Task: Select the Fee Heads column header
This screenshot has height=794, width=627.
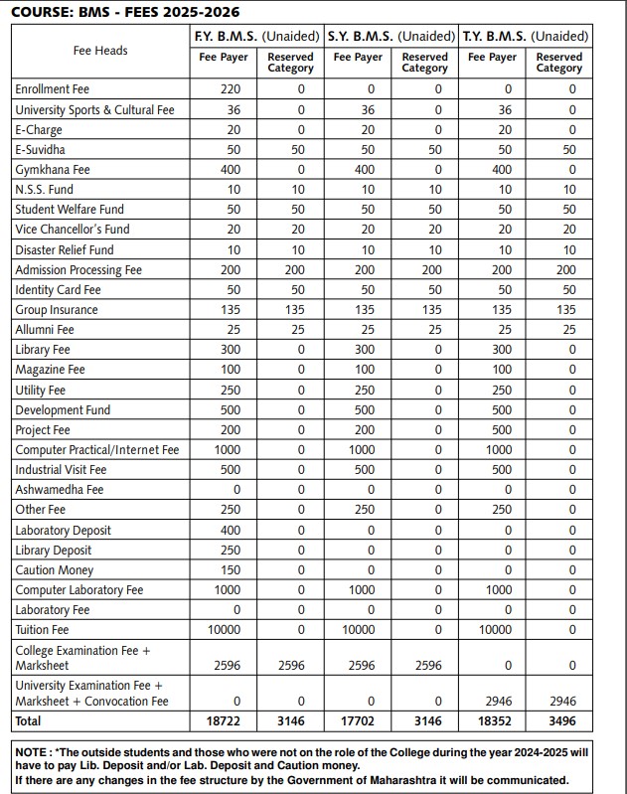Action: tap(100, 50)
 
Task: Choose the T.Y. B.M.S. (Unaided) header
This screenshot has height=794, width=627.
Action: tap(526, 36)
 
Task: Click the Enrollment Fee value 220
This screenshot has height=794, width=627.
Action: tap(231, 89)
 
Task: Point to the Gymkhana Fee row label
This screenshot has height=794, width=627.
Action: tap(53, 170)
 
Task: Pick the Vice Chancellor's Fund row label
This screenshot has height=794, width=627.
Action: tap(73, 230)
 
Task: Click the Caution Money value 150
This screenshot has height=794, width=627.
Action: tap(231, 570)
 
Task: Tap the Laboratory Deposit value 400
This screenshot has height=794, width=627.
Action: tap(231, 531)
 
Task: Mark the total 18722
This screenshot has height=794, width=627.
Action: tap(231, 720)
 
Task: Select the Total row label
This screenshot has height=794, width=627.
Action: tap(29, 720)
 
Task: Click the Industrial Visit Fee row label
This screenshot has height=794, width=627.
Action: tap(61, 470)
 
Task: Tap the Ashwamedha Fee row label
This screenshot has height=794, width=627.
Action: tap(60, 490)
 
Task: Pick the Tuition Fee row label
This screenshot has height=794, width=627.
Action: tap(42, 630)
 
